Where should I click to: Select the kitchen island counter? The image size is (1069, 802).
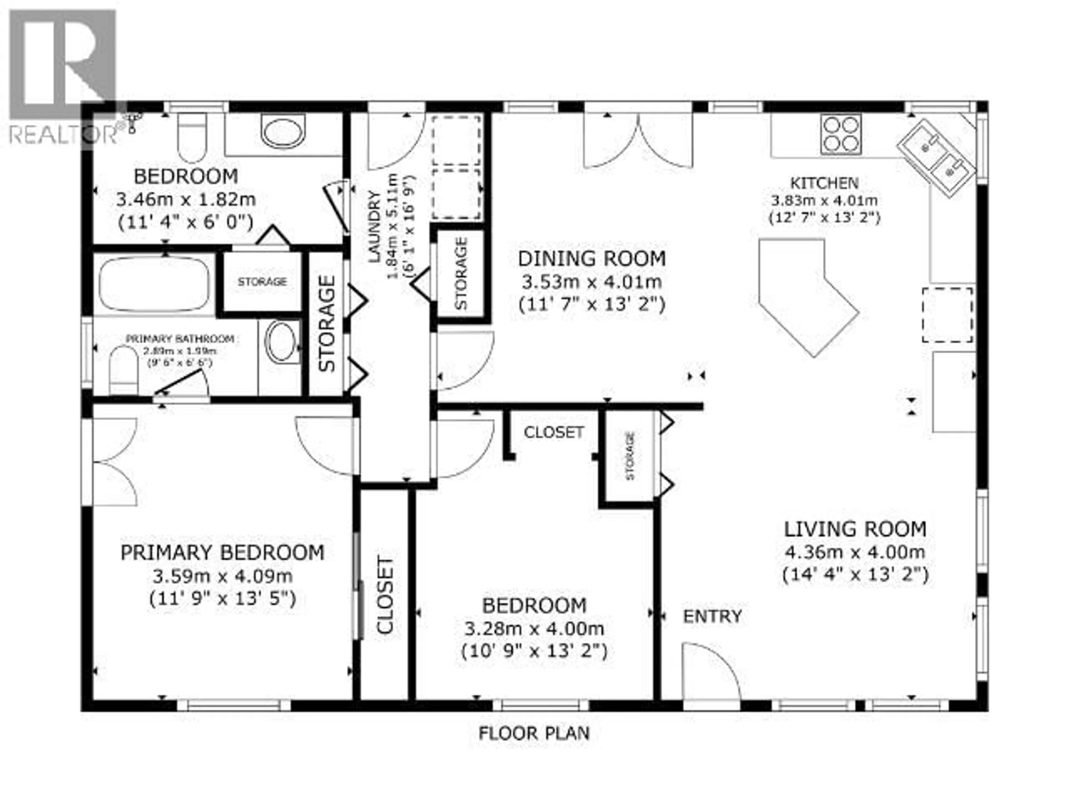(802, 290)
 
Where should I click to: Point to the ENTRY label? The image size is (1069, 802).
(712, 616)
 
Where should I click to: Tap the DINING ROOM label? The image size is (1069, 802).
(592, 259)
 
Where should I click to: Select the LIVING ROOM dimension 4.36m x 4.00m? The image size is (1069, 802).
(854, 552)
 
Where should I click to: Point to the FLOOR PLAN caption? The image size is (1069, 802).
(534, 733)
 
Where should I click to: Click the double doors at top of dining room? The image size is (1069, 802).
(638, 140)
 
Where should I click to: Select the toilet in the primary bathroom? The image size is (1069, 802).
(123, 370)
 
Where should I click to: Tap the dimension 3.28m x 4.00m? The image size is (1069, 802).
(534, 629)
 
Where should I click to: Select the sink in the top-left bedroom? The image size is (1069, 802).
(283, 131)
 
